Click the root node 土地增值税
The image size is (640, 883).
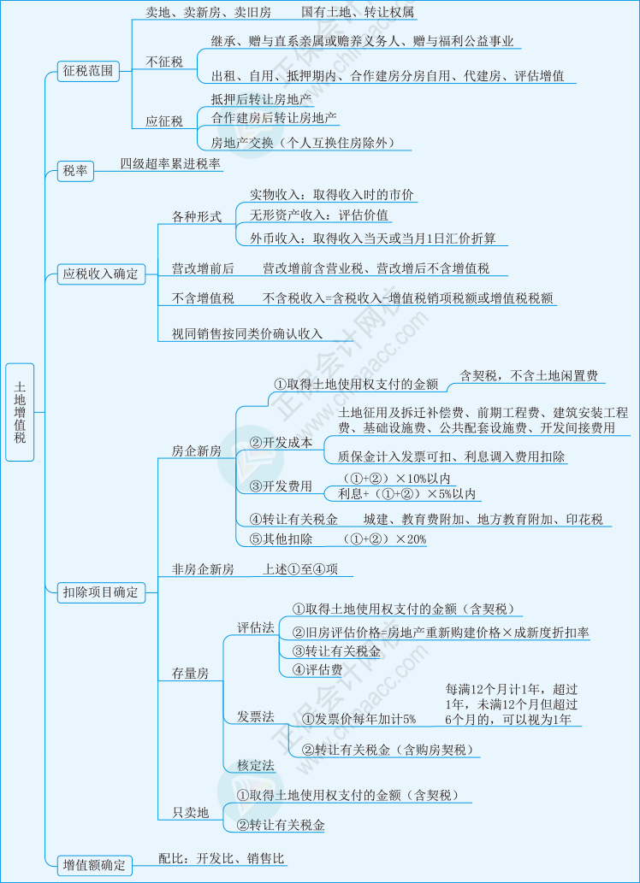(x=20, y=412)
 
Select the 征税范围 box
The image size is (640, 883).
(x=88, y=71)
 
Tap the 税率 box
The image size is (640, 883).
(x=75, y=171)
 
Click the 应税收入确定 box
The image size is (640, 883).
(x=101, y=274)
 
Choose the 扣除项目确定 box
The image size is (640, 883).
(x=101, y=592)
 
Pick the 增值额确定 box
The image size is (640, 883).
(x=95, y=865)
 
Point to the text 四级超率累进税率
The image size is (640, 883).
(x=170, y=164)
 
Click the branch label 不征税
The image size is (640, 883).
(x=164, y=62)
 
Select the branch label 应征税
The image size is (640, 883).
(x=164, y=121)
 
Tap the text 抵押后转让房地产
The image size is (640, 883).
(x=261, y=100)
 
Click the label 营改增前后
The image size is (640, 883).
(x=203, y=269)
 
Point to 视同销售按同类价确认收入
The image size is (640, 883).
(x=247, y=334)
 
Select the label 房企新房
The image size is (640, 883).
(x=196, y=451)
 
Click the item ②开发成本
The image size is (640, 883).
(x=281, y=443)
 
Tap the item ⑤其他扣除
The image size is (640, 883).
(x=281, y=539)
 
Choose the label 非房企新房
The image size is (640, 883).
(x=203, y=570)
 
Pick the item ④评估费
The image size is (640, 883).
(x=317, y=669)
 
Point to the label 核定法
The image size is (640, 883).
(x=256, y=766)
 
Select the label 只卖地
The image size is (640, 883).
(x=190, y=813)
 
